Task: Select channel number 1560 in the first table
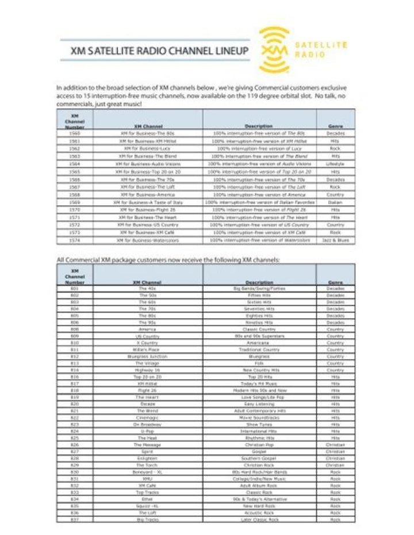pyautogui.click(x=75, y=133)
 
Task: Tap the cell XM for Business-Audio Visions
pyautogui.click(x=148, y=163)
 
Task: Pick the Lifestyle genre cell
pyautogui.click(x=335, y=163)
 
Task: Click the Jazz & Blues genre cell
pyautogui.click(x=335, y=240)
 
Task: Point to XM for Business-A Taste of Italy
pyautogui.click(x=148, y=202)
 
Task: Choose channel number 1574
pyautogui.click(x=75, y=240)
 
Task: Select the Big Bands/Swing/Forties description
pyautogui.click(x=259, y=288)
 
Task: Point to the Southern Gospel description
pyautogui.click(x=259, y=458)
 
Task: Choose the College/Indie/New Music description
pyautogui.click(x=259, y=479)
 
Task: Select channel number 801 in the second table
pyautogui.click(x=75, y=288)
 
